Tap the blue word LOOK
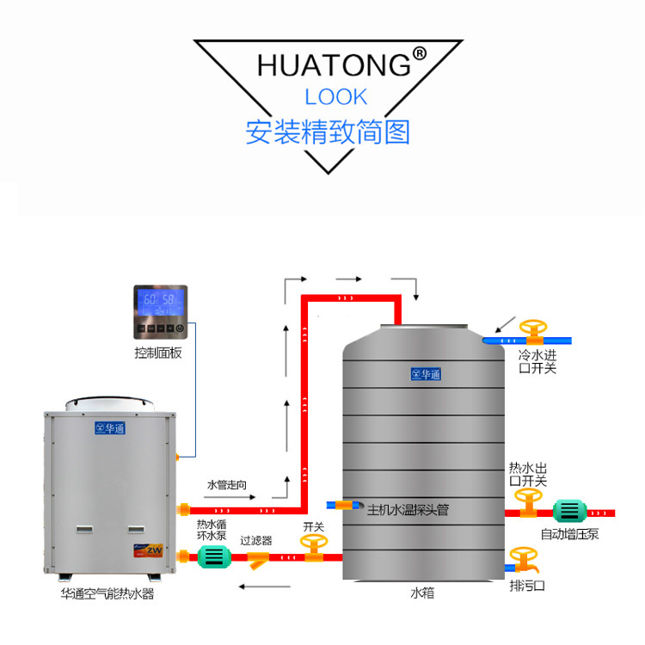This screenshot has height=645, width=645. [x=335, y=96]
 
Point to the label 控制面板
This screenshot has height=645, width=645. [x=158, y=353]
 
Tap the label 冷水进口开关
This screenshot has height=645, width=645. [x=537, y=361]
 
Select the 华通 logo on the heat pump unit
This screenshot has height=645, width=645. [x=108, y=427]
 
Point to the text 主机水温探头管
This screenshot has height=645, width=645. [x=408, y=509]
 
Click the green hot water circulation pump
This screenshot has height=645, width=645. [x=211, y=557]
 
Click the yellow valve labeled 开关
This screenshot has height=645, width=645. [x=313, y=549]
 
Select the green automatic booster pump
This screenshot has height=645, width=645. [x=568, y=511]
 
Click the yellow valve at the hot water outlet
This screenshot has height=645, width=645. [x=527, y=501]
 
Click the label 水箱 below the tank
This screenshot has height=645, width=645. [x=421, y=593]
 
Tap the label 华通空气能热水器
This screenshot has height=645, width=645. [x=107, y=593]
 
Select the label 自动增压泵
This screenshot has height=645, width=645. [x=570, y=534]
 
